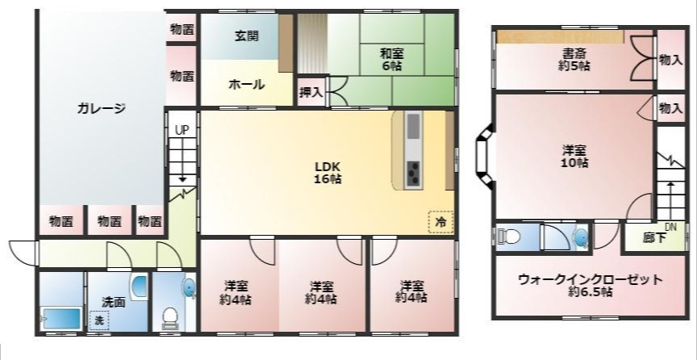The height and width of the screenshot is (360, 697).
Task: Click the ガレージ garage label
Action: coord(102,108)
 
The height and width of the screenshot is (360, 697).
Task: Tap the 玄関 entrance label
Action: coord(247,36)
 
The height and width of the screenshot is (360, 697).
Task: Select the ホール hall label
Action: coord(247,84)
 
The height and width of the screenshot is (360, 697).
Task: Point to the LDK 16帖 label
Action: coord(328,173)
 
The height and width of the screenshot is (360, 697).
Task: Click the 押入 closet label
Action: coord(311,92)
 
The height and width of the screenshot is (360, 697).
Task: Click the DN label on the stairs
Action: coord(670,226)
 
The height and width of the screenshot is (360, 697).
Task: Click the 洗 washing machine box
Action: coord(98,320)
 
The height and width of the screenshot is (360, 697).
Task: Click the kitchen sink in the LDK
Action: coord(413,127)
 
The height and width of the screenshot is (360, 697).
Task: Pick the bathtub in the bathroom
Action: coord(61,317)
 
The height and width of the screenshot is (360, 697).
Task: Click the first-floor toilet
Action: coord(171,316)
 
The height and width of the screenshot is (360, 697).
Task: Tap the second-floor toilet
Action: coord(508,237)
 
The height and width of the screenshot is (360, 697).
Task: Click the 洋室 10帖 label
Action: coord(574,156)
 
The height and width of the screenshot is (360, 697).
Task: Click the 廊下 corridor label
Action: coord(654,239)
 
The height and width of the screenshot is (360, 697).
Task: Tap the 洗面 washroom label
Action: coord(113,302)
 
